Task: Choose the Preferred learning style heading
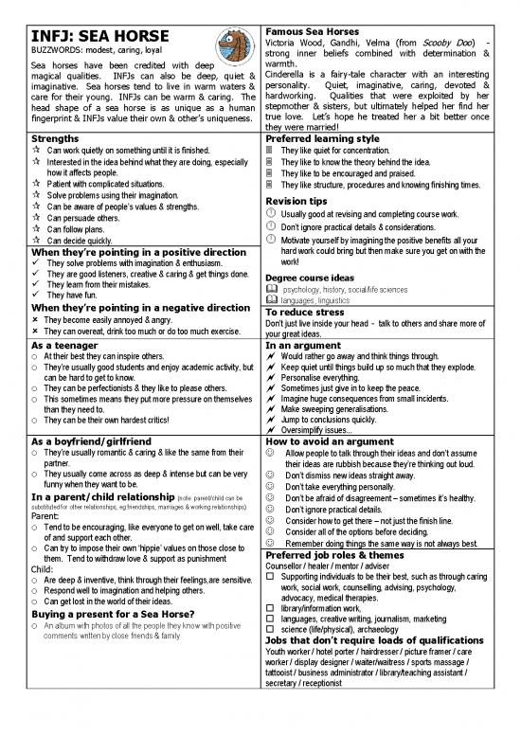click(324, 137)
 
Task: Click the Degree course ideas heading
click(319, 250)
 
